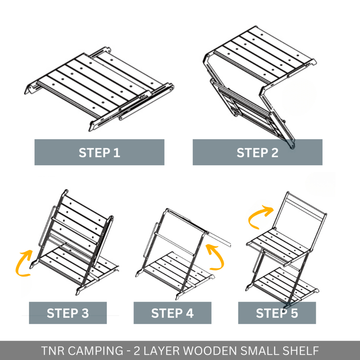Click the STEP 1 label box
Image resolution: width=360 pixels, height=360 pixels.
[99, 152]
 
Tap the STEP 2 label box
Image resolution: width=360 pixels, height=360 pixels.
[257, 152]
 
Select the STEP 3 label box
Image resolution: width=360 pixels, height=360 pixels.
[68, 313]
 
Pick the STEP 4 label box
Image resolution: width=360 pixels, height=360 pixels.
[172, 313]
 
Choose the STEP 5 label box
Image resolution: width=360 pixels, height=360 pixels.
[277, 313]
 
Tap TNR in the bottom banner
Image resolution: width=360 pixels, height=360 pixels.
[53, 351]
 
